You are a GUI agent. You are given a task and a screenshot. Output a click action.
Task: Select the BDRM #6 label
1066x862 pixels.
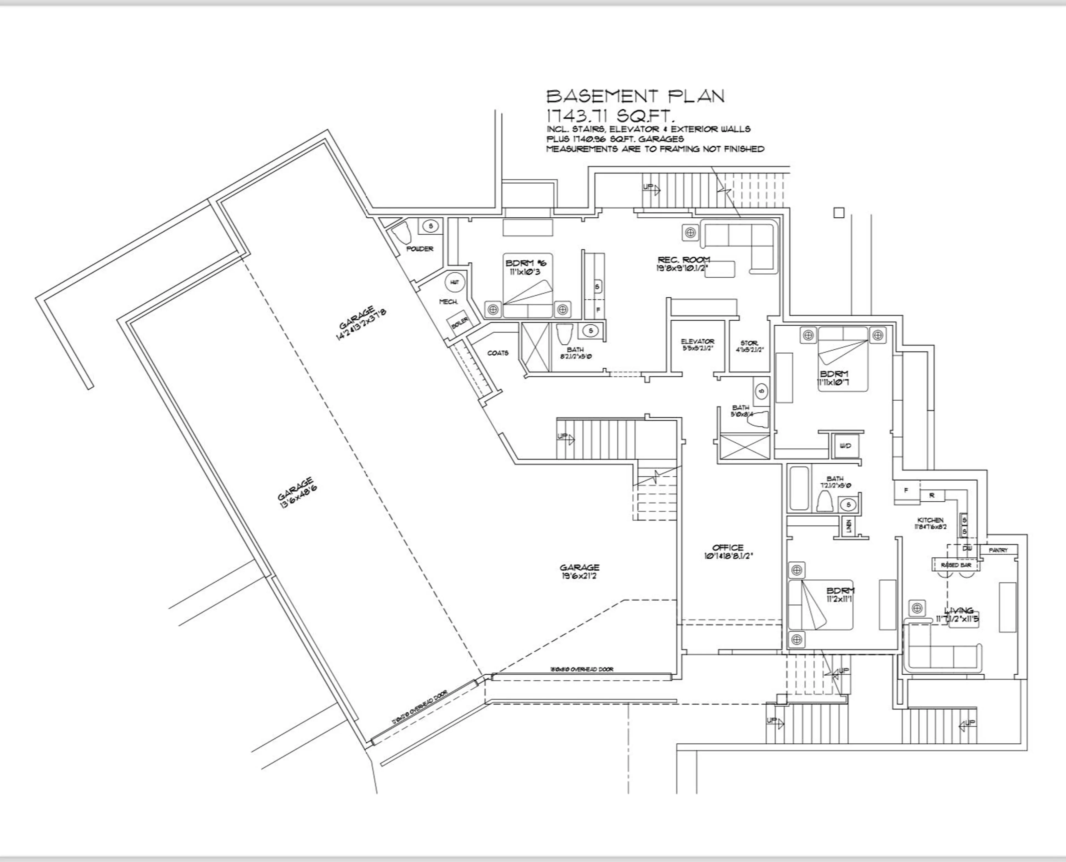525,263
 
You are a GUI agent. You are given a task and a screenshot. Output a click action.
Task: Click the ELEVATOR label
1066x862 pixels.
697,342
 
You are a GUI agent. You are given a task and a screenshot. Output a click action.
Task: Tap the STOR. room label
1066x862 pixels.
749,343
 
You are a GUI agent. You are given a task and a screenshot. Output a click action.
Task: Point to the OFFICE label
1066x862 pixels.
728,548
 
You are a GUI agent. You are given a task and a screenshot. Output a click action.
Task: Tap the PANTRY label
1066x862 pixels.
998,550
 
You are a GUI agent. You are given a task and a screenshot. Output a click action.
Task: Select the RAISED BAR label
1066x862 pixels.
956,565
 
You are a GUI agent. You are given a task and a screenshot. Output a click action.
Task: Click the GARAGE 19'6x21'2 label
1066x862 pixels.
579,567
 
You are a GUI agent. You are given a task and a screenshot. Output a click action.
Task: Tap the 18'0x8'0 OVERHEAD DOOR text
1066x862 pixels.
581,669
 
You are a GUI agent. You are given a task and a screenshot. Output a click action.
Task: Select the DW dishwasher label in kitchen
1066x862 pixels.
967,549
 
